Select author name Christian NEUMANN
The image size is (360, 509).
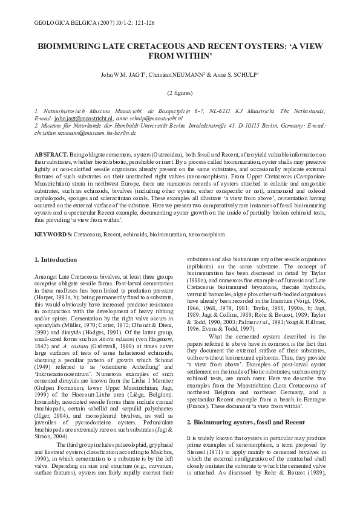point(180,74)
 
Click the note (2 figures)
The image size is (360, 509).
point(180,94)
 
